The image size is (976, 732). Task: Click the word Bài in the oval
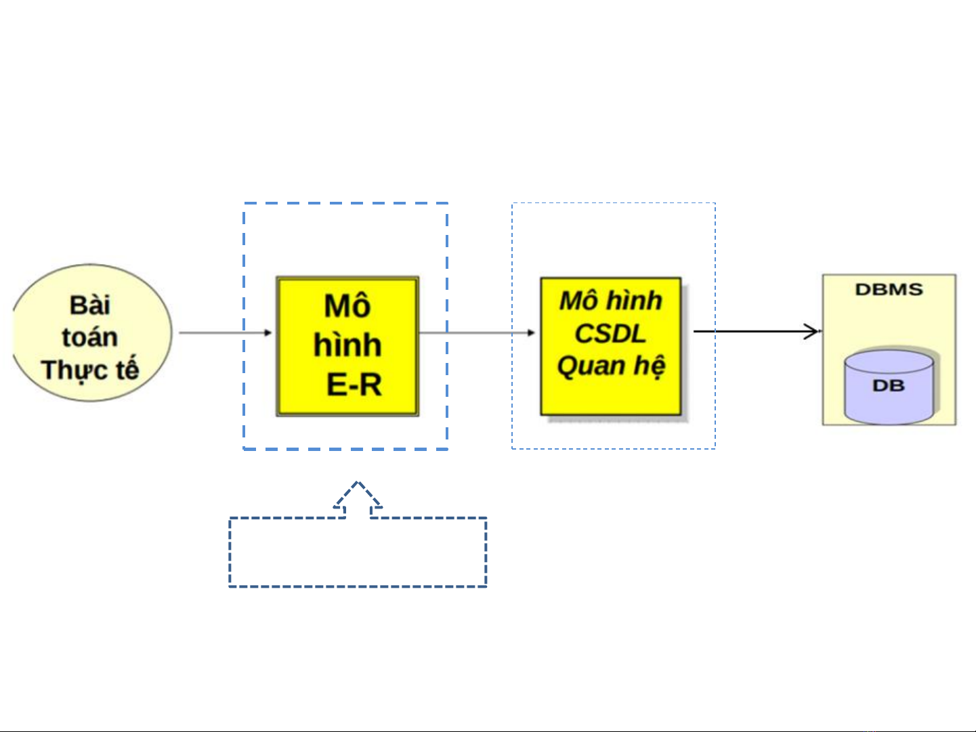pos(89,305)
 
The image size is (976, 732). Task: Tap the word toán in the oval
pos(89,337)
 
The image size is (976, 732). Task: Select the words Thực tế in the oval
pos(89,370)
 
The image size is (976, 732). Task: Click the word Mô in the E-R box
pos(347,306)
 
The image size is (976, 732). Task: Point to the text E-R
pos(354,385)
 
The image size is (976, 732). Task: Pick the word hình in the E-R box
pos(347,345)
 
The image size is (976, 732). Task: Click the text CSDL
pos(610,333)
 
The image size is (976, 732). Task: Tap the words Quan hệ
pos(610,366)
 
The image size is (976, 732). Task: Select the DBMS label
pos(889,290)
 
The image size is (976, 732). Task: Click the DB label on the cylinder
pos(888,386)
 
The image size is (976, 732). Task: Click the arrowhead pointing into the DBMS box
pos(812,332)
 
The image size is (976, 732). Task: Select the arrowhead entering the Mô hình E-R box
pos(268,332)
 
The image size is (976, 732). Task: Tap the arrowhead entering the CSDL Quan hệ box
pos(532,332)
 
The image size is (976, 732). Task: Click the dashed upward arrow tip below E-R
pos(358,485)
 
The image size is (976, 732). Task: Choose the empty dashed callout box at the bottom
pos(358,553)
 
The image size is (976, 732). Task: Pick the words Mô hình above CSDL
pos(610,301)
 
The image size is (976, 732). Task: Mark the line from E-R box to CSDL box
pos(474,332)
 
